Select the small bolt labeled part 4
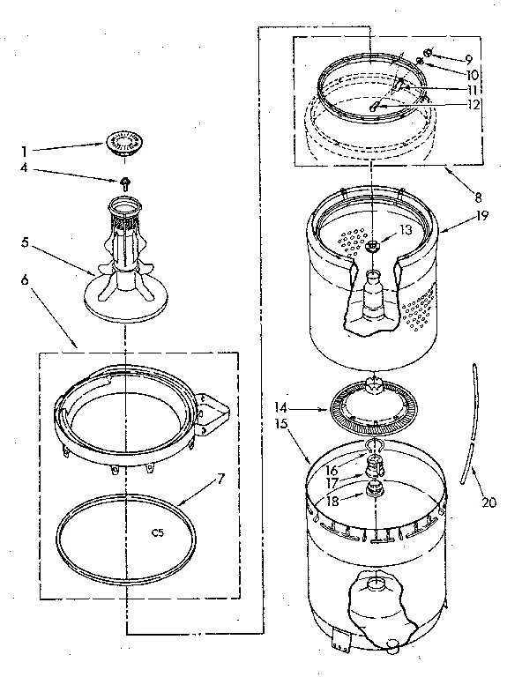point(126,183)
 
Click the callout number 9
point(471,59)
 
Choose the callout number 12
point(473,104)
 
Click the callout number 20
point(489,503)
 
